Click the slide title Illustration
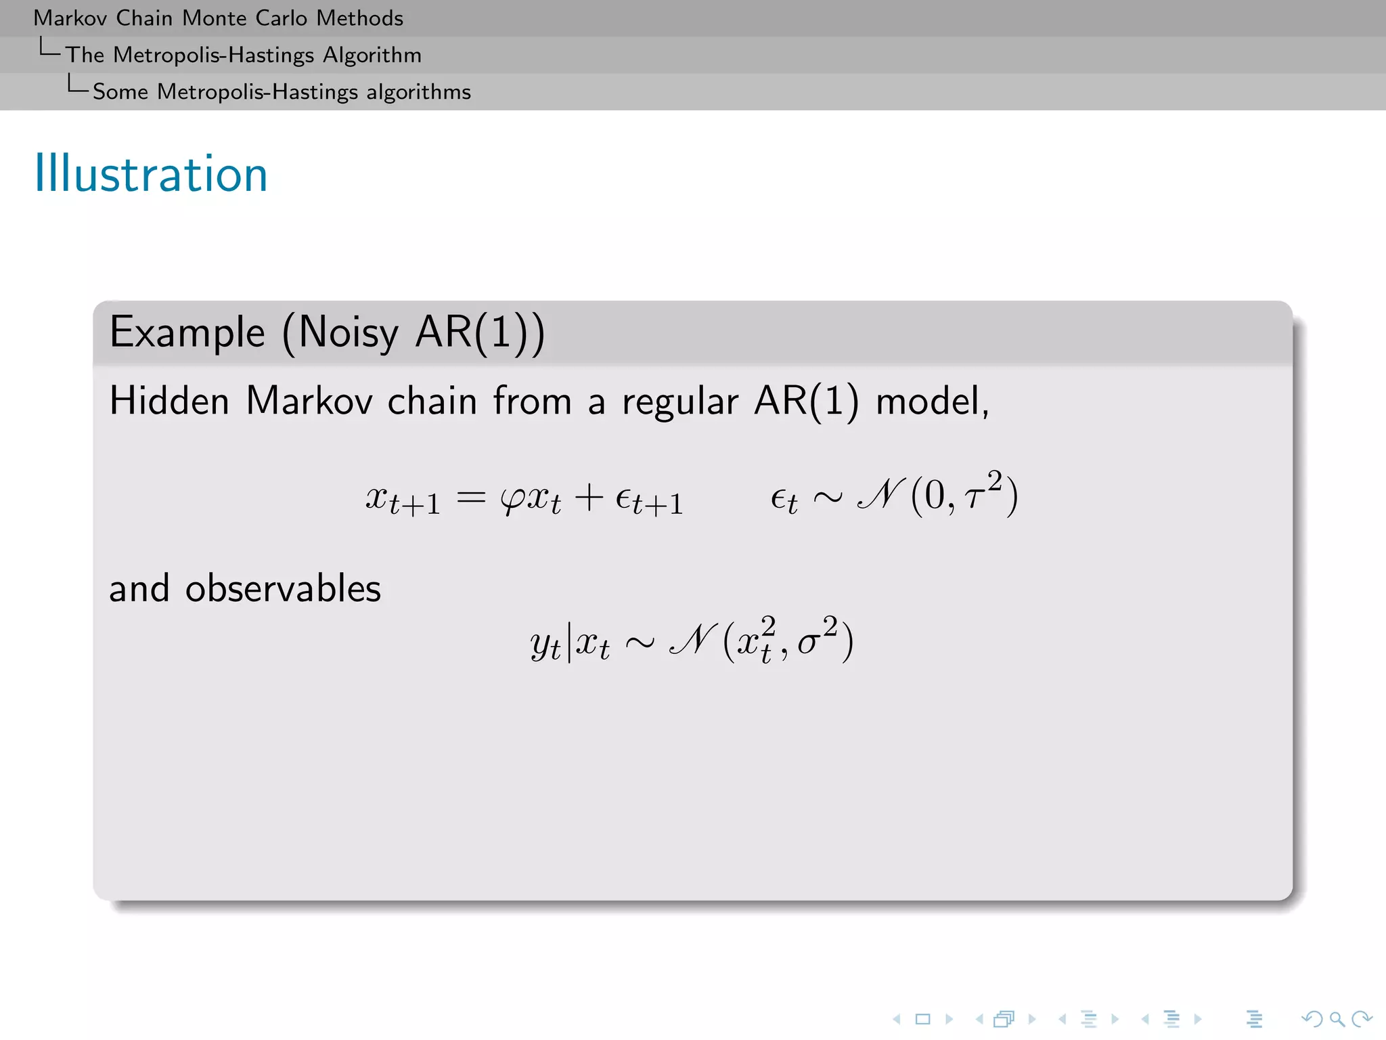(151, 174)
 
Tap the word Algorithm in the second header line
(372, 56)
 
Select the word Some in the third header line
(120, 92)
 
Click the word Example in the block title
(187, 333)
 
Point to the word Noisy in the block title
(349, 333)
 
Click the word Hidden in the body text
(169, 401)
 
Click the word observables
(283, 588)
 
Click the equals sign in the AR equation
(471, 499)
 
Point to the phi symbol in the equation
(512, 500)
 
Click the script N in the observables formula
(692, 639)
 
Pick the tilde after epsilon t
(828, 499)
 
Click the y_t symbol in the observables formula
(545, 644)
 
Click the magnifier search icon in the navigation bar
(1337, 1019)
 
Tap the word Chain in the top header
(144, 18)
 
